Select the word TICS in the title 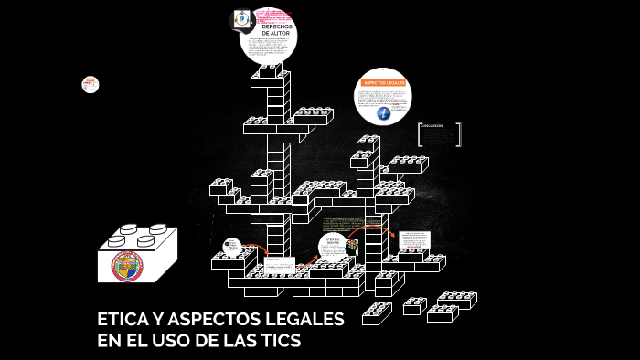[280, 341]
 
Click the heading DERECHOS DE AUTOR [276, 30]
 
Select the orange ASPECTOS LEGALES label [383, 82]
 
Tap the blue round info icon [383, 113]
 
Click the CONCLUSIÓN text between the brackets [432, 126]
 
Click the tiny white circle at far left [90, 84]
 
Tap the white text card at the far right [414, 240]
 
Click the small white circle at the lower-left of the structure [232, 246]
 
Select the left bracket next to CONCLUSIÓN [420, 134]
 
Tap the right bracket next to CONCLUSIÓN [458, 134]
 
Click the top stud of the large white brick [129, 228]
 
